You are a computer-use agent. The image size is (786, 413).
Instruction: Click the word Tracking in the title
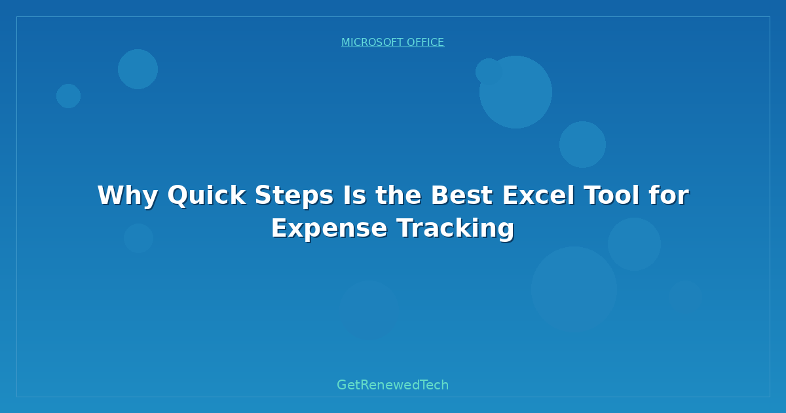point(456,228)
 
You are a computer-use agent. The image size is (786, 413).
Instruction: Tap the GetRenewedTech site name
point(393,385)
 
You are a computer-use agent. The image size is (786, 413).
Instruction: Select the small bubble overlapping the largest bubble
point(488,71)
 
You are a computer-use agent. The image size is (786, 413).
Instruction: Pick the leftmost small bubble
point(68,96)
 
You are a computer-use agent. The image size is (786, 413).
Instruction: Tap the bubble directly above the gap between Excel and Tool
point(582,144)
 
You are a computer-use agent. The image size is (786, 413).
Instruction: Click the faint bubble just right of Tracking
point(634,244)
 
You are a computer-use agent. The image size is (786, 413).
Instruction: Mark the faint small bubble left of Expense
point(138,238)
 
